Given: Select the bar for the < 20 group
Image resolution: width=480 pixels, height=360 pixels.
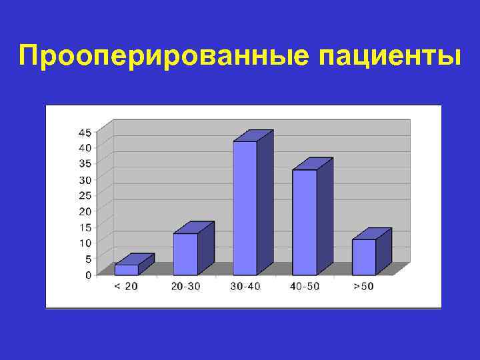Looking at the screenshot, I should click(127, 269).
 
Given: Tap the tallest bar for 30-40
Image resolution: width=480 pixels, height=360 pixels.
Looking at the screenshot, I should click(245, 208).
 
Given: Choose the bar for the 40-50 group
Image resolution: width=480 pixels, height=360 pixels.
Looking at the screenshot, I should click(305, 222).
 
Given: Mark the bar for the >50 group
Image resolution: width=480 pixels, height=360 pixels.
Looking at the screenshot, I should click(364, 257).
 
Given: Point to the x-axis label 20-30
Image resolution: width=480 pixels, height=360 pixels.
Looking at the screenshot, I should click(185, 286).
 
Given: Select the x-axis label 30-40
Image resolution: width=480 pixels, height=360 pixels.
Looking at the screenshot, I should click(245, 286).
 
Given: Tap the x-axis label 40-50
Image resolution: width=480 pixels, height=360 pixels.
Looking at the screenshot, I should click(305, 286).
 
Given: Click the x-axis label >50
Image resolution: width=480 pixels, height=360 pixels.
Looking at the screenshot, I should click(364, 286).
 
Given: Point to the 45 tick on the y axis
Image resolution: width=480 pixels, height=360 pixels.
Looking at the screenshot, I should click(87, 131).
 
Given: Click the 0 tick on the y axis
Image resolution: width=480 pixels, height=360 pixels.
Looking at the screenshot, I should click(89, 274).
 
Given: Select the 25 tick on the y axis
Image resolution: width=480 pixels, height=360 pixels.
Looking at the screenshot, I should click(87, 195).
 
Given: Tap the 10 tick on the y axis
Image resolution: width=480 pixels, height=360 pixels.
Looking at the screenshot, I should click(87, 243).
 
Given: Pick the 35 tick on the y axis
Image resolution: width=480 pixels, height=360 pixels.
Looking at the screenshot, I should click(87, 163).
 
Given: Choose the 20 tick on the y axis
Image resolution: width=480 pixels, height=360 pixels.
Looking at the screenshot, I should click(87, 211).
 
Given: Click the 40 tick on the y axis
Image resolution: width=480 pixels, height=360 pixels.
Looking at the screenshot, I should click(87, 147).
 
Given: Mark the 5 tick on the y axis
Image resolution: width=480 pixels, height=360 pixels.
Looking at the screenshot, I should click(89, 259).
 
